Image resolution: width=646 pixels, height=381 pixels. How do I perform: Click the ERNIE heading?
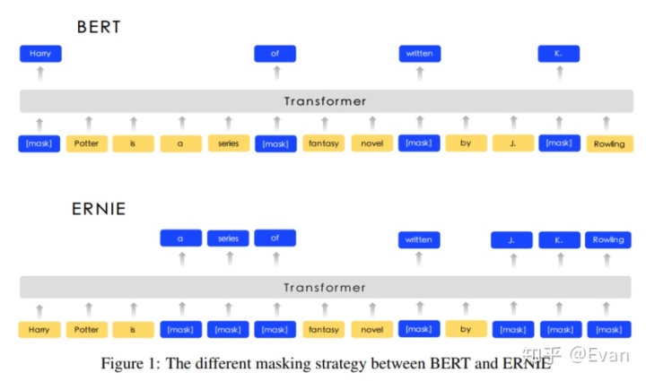click(99, 210)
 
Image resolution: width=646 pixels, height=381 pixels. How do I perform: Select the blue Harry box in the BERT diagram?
click(39, 54)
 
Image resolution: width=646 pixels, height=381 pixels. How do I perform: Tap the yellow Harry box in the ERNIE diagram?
click(39, 329)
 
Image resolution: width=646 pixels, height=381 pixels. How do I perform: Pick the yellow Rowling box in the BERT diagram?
click(609, 143)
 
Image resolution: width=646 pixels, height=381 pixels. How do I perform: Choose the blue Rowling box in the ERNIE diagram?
click(608, 239)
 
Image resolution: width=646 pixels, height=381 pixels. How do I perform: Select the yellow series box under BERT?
click(228, 143)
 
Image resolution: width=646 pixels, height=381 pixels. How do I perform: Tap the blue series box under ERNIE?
click(228, 239)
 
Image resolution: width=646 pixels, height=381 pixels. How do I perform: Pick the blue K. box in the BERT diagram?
click(559, 54)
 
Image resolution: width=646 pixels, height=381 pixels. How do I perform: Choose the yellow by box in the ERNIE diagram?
click(466, 329)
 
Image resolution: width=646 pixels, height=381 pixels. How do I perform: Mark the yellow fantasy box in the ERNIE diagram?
click(323, 329)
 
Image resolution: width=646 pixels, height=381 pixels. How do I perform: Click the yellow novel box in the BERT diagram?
click(371, 143)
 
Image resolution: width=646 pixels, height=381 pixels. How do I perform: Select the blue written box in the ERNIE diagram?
click(419, 239)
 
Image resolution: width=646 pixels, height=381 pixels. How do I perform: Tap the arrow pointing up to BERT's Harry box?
click(39, 74)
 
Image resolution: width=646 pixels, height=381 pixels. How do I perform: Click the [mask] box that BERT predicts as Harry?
click(39, 143)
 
